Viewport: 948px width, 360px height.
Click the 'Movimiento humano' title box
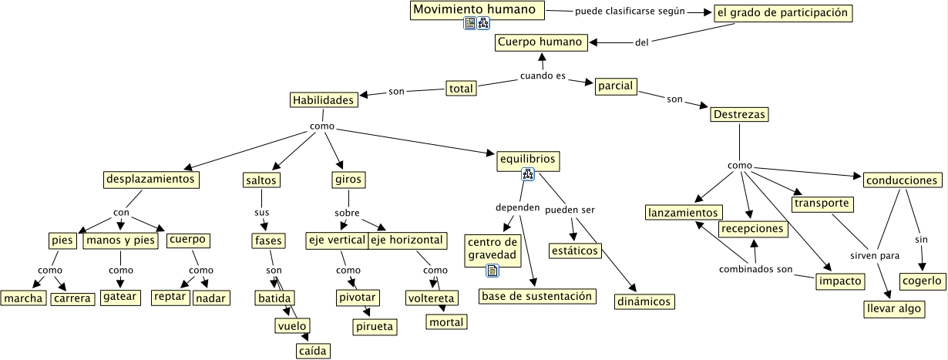tap(476, 10)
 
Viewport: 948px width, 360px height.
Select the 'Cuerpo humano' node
tap(541, 42)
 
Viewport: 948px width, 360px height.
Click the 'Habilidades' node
tap(324, 100)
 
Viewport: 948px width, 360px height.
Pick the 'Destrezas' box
tap(738, 114)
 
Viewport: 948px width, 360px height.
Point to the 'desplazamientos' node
tap(150, 180)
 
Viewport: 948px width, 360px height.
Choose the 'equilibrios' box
tap(527, 160)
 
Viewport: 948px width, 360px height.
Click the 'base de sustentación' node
tap(537, 296)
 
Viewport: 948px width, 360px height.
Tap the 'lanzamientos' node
tap(683, 212)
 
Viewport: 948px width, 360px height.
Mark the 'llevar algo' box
tap(892, 308)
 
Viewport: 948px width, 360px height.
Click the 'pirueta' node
tap(375, 327)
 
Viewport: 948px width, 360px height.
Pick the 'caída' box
tap(313, 351)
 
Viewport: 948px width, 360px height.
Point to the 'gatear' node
tap(120, 298)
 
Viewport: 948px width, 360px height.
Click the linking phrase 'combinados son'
tap(755, 269)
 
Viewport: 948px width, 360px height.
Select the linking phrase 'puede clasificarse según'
tap(630, 12)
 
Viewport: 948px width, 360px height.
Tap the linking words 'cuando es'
tap(543, 76)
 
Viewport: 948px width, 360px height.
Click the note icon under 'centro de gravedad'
tap(492, 271)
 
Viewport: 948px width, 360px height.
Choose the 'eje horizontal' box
tap(407, 240)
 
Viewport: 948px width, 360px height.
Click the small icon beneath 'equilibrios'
tap(528, 175)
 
